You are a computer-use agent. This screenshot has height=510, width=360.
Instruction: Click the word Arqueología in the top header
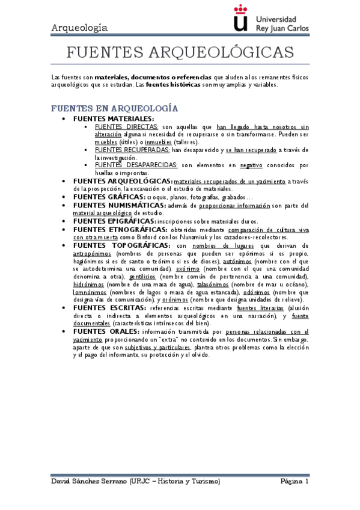pyautogui.click(x=79, y=28)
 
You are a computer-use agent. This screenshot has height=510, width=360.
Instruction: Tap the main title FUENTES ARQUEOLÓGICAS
pyautogui.click(x=180, y=53)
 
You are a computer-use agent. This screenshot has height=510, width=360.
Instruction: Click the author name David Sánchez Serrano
pyautogui.click(x=89, y=482)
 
